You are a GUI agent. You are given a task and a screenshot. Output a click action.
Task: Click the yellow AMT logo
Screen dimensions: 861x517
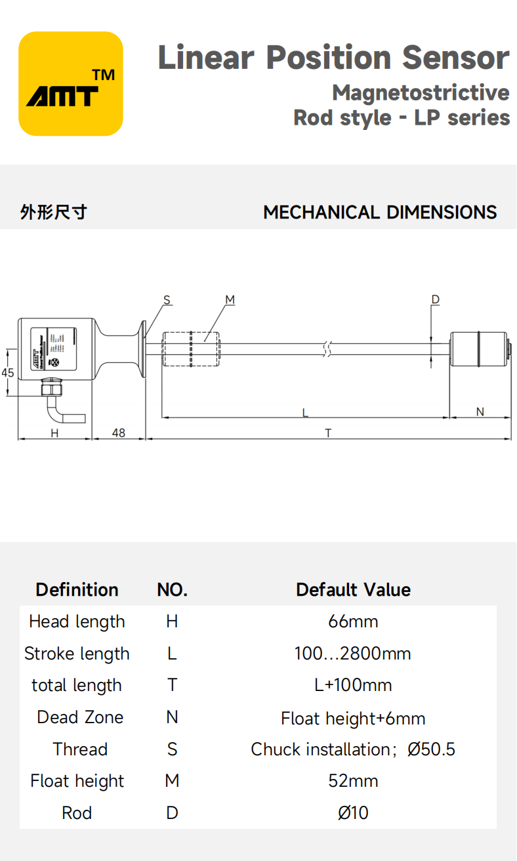click(71, 84)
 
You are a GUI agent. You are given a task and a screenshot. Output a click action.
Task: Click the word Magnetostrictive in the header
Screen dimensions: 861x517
click(421, 93)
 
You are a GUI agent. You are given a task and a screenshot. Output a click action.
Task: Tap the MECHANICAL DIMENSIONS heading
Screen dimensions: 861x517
click(380, 213)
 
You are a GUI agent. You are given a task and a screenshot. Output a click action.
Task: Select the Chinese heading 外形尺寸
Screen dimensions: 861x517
click(53, 213)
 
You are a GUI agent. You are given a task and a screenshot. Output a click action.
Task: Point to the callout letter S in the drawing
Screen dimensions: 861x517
click(167, 300)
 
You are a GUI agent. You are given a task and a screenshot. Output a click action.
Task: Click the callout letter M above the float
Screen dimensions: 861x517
click(230, 300)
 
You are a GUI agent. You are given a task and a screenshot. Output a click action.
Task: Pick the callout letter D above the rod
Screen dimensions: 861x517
click(435, 300)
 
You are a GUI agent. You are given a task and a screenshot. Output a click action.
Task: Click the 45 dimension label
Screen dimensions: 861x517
click(8, 373)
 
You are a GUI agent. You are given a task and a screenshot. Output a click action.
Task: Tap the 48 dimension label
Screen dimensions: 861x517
click(119, 433)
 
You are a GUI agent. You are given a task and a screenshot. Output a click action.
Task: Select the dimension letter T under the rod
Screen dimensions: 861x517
click(328, 433)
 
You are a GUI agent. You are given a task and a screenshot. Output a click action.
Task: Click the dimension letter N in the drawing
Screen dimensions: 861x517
click(480, 412)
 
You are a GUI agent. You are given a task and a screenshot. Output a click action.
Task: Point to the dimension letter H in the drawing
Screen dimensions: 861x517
click(54, 433)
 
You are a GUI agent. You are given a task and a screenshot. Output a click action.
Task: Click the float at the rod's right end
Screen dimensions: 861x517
click(478, 349)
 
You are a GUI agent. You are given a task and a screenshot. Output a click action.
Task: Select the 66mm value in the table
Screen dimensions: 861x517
click(353, 621)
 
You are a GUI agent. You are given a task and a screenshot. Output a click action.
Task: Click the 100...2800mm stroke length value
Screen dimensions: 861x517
click(353, 654)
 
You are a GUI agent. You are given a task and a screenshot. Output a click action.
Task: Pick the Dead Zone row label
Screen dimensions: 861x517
click(80, 717)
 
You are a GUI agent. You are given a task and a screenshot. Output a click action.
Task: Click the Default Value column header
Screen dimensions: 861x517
click(353, 589)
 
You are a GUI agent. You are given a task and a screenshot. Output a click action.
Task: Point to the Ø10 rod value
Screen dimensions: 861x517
click(353, 813)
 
